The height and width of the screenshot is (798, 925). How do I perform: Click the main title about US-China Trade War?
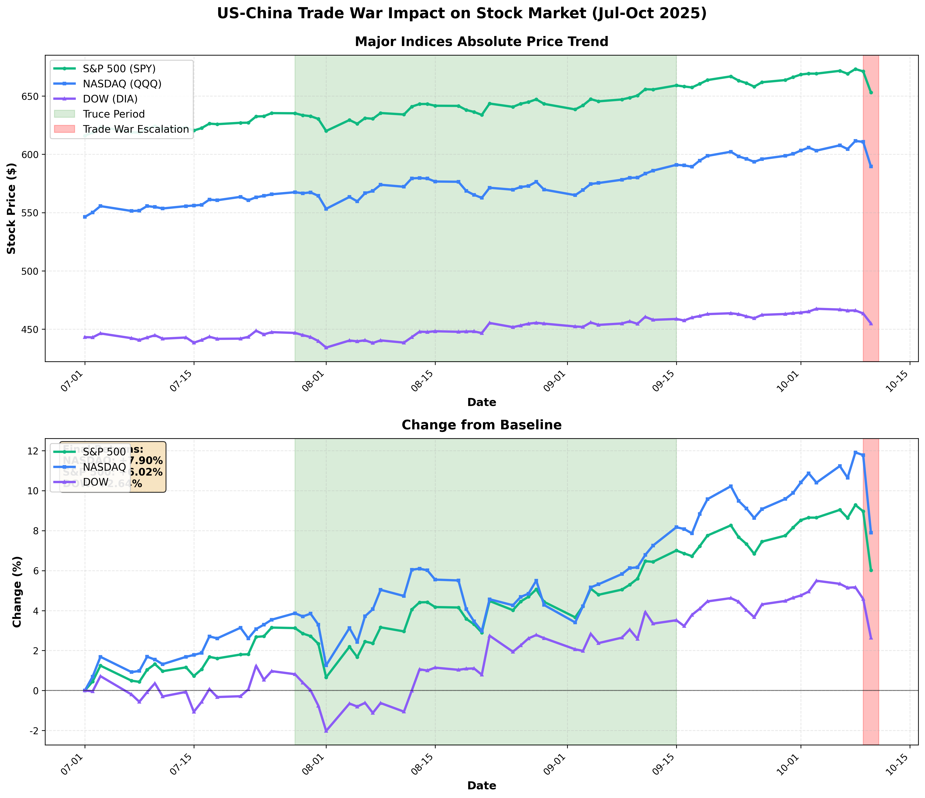[462, 13]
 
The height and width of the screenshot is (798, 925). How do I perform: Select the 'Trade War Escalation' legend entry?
[135, 129]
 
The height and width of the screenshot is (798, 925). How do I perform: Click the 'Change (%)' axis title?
[17, 592]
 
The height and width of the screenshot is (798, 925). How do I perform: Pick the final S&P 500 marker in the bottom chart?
[871, 570]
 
